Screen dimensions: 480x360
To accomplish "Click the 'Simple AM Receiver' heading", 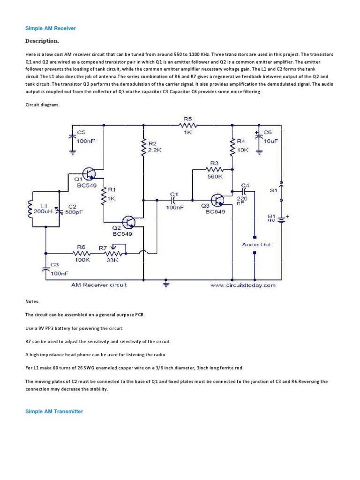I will point(50,29).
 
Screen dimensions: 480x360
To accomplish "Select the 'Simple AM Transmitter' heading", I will point(54,411).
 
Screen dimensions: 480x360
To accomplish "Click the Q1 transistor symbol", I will point(89,174).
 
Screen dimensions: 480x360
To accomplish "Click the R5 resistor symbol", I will point(188,125).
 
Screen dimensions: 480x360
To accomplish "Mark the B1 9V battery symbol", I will point(280,219).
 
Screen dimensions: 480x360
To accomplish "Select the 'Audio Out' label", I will point(256,244).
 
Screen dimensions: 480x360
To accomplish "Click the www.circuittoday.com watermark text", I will point(243,285).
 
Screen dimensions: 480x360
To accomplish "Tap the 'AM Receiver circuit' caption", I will point(99,285).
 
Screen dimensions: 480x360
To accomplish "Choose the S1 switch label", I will point(273,190).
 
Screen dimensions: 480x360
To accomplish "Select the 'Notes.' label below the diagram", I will point(32,302).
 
